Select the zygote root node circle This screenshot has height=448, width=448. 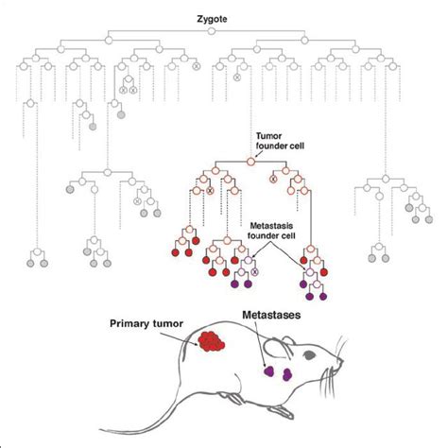[x=214, y=32]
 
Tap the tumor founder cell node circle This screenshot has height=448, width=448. [x=250, y=163]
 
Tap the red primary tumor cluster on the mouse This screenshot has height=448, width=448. [x=210, y=342]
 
